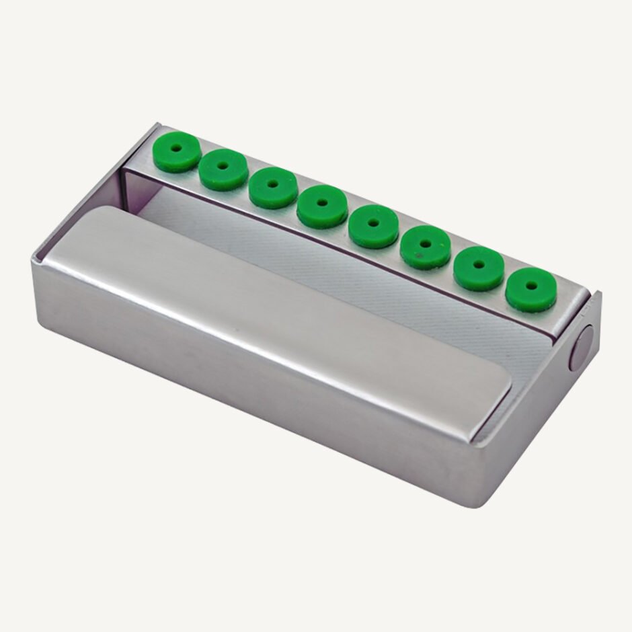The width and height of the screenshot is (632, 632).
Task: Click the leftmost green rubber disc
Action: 176,153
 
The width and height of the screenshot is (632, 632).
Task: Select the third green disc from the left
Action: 272,188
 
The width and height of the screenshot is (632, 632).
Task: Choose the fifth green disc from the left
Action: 373,227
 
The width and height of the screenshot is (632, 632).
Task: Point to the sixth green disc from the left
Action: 425,247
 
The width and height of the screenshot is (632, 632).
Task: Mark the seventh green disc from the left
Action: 478,268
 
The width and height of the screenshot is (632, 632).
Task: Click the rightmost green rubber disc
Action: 531,290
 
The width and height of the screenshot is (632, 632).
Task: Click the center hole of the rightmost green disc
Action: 531,285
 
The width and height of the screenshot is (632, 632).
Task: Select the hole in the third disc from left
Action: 272,182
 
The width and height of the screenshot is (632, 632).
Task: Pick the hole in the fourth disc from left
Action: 323,201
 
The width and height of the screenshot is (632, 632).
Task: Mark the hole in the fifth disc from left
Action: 374,221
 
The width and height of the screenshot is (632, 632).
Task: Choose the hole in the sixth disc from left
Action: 426,242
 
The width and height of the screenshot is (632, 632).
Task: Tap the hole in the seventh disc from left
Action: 479,264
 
